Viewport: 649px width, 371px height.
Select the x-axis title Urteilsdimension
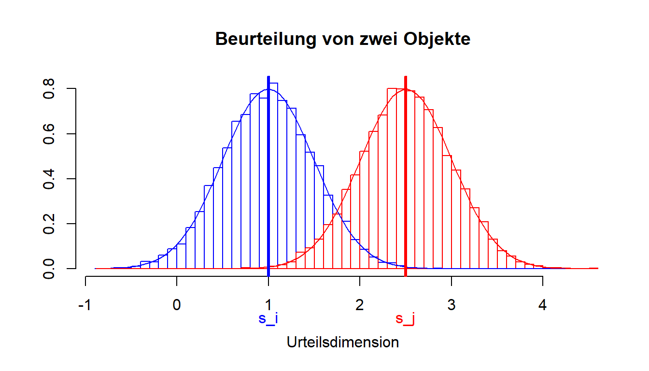pos(343,342)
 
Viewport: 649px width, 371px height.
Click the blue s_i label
pos(268,319)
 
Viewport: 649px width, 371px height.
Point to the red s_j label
pos(405,319)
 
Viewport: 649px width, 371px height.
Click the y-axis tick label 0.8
pos(49,89)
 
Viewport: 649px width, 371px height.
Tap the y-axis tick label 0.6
pos(49,134)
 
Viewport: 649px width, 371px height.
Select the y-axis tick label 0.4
pos(49,179)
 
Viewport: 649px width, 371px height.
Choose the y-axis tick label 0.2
pos(49,224)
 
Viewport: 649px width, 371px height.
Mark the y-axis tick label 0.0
pos(49,269)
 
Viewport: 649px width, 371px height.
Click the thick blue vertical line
pos(268,193)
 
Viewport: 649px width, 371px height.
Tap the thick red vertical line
pos(406,193)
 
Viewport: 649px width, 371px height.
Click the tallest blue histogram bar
pos(274,174)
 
